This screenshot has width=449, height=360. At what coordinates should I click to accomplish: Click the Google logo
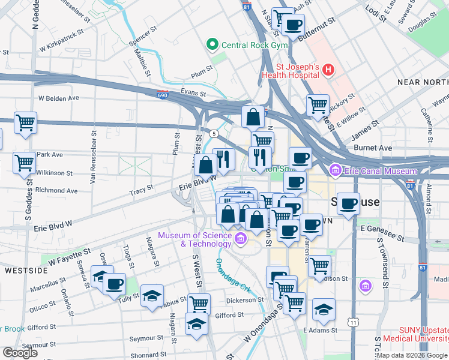coord(20,353)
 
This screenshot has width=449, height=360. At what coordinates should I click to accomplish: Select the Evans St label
coord(193,93)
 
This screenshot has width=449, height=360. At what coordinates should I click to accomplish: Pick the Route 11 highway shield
coord(354,322)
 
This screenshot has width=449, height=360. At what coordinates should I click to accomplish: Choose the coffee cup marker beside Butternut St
coord(293,25)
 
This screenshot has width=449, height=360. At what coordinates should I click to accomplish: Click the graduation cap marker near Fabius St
coord(152,295)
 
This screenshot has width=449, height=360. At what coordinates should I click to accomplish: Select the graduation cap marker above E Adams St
coord(324,308)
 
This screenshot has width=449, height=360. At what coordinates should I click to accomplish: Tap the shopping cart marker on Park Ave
coord(25,162)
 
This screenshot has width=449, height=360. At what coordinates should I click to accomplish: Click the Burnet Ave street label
coord(376,148)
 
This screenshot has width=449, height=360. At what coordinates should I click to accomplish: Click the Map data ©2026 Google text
coord(411,355)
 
